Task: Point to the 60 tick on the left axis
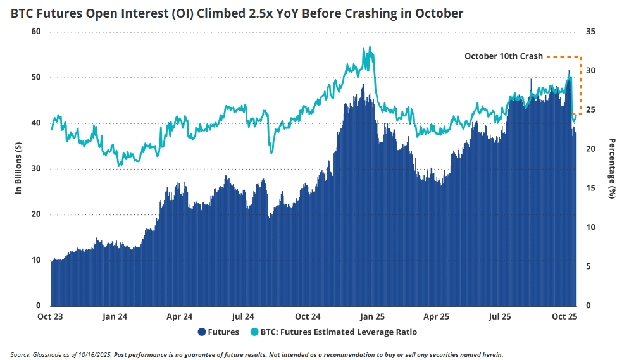(x=37, y=32)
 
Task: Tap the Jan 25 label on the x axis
(x=372, y=316)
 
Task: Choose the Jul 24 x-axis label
(x=243, y=316)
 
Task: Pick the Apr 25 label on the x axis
(x=436, y=316)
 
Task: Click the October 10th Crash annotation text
(x=504, y=56)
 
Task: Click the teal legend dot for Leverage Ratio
(x=255, y=332)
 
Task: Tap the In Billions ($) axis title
(x=19, y=168)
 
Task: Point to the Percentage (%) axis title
(x=612, y=168)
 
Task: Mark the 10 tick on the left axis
(x=37, y=260)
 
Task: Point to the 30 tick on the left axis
(x=37, y=169)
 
